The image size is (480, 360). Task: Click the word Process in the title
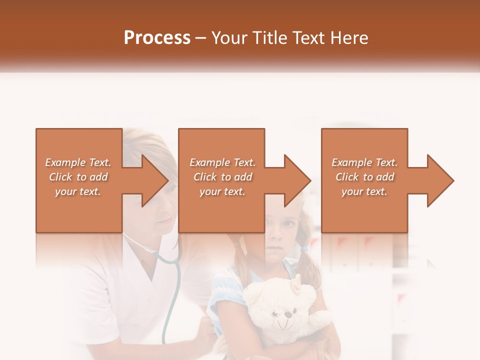pyautogui.click(x=157, y=38)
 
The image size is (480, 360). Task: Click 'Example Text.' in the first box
pyautogui.click(x=78, y=162)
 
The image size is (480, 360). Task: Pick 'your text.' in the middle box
pyautogui.click(x=222, y=191)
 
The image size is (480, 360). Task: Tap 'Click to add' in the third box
pyautogui.click(x=364, y=177)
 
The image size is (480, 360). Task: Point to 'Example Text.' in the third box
pyautogui.click(x=364, y=162)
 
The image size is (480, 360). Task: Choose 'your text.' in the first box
pyautogui.click(x=78, y=191)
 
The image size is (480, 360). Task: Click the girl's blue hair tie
pyautogui.click(x=304, y=247)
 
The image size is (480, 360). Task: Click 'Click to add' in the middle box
pyautogui.click(x=222, y=177)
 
